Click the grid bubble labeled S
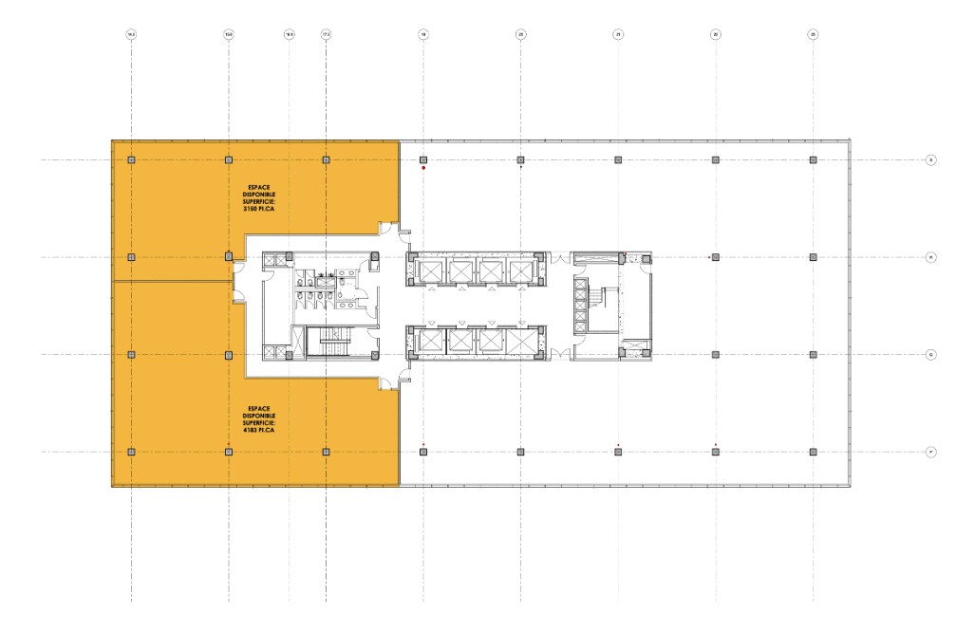pos(931,160)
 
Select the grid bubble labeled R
pos(931,257)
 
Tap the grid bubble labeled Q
pos(931,355)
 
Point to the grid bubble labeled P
pos(931,452)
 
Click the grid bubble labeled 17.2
pos(326,34)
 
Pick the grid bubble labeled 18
pos(423,34)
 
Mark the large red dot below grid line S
pos(423,169)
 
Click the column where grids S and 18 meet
pos(423,160)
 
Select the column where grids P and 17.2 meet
pos(326,452)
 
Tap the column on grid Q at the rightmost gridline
pos(813,355)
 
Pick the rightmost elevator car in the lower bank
pos(520,340)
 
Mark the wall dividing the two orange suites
pos(171,282)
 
